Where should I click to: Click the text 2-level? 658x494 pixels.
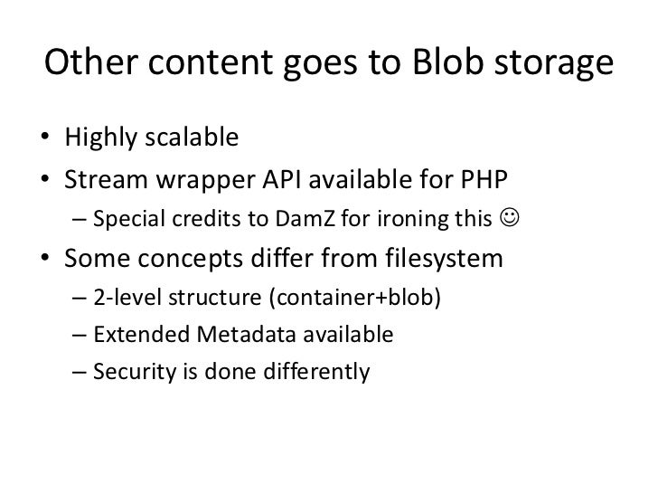pyautogui.click(x=123, y=300)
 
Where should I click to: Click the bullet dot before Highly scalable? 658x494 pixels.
pyautogui.click(x=46, y=139)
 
